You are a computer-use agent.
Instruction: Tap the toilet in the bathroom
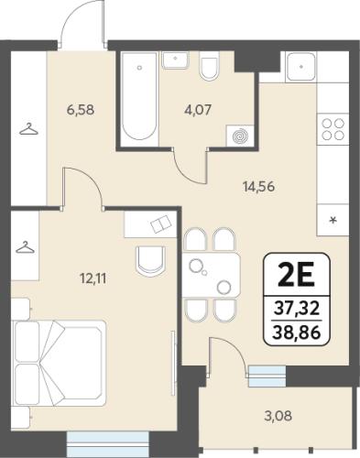click(x=209, y=65)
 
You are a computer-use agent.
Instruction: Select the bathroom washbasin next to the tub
click(x=175, y=60)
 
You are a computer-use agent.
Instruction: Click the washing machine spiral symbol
click(x=240, y=136)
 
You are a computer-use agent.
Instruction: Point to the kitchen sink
click(x=300, y=67)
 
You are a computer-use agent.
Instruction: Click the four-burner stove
click(x=333, y=129)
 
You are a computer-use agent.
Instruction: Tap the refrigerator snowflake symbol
click(x=333, y=220)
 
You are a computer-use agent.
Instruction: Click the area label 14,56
click(x=258, y=187)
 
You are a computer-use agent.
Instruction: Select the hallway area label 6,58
click(x=81, y=110)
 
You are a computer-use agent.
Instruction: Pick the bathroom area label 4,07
click(x=198, y=110)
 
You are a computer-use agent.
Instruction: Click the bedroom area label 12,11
click(x=93, y=278)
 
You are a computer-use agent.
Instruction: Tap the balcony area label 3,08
click(x=278, y=416)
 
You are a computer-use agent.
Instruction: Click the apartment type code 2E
click(x=296, y=275)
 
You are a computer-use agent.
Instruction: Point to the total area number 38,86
click(x=296, y=333)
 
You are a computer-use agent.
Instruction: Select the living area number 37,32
click(x=296, y=308)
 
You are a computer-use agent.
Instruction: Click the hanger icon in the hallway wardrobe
click(x=28, y=129)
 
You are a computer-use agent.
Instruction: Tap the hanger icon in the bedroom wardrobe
click(x=25, y=247)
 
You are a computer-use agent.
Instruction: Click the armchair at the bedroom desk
click(x=150, y=261)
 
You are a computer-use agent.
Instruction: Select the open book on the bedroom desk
click(x=161, y=224)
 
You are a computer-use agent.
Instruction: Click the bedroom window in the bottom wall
click(x=107, y=444)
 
